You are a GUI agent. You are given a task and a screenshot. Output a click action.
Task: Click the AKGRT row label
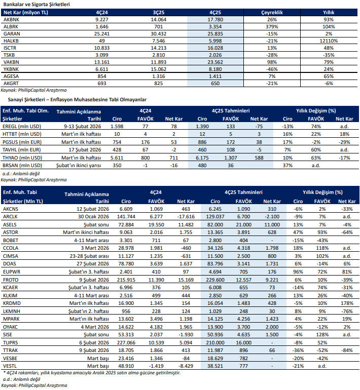(11, 83)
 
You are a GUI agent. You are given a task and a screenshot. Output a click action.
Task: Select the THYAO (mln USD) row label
(22, 158)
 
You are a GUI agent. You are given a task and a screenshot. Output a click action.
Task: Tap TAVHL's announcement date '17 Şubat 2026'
(92, 150)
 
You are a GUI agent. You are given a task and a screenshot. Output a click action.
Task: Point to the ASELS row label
(10, 225)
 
